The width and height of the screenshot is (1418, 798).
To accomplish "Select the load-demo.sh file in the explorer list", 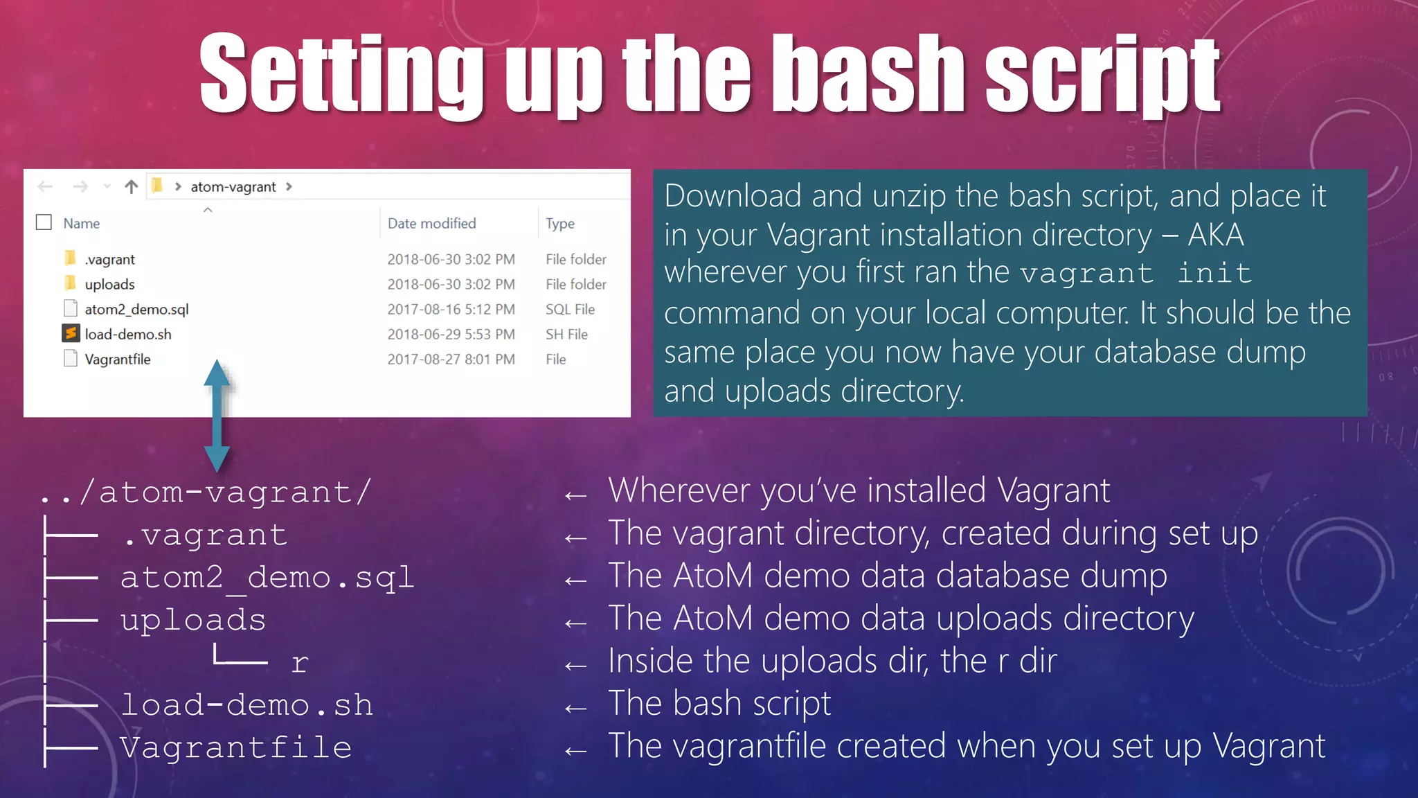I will coord(127,335).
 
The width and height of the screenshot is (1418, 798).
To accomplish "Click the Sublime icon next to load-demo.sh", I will coord(71,334).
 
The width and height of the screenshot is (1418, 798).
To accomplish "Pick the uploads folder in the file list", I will coord(109,285).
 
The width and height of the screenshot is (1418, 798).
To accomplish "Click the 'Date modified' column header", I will coord(431,224).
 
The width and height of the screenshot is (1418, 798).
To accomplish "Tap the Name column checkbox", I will coord(44,222).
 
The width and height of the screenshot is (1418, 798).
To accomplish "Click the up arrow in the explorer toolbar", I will coord(132,186).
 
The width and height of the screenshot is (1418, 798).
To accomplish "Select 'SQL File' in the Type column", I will coord(570,310).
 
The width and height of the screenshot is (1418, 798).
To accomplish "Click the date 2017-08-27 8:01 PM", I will coord(451,360).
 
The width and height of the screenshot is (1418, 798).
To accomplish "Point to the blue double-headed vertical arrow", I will coord(217,416).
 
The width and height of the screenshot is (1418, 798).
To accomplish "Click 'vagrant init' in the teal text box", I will coord(1136,274).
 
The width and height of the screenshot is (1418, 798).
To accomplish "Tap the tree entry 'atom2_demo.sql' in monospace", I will coord(267,578).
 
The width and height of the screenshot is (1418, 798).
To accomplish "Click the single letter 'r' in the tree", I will coord(299,664).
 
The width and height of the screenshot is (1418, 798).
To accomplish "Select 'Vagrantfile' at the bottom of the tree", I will coord(236,748).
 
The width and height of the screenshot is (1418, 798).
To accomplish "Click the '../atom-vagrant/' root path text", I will coord(206,493).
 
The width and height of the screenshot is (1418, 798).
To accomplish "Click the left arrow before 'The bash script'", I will coord(575,708).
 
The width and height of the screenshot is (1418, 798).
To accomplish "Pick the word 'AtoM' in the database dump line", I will coord(712,576).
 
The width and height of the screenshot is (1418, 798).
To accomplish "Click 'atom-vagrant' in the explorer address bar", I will coord(233,187).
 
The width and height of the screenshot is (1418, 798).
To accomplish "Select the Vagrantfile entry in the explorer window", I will coord(117,360).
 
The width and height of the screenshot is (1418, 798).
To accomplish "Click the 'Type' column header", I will coord(559,224).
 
